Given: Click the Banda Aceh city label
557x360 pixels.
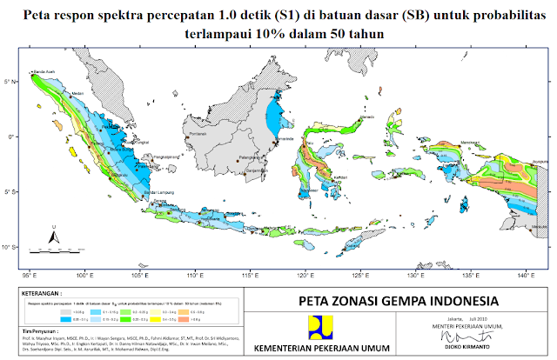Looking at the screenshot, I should [44, 71].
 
